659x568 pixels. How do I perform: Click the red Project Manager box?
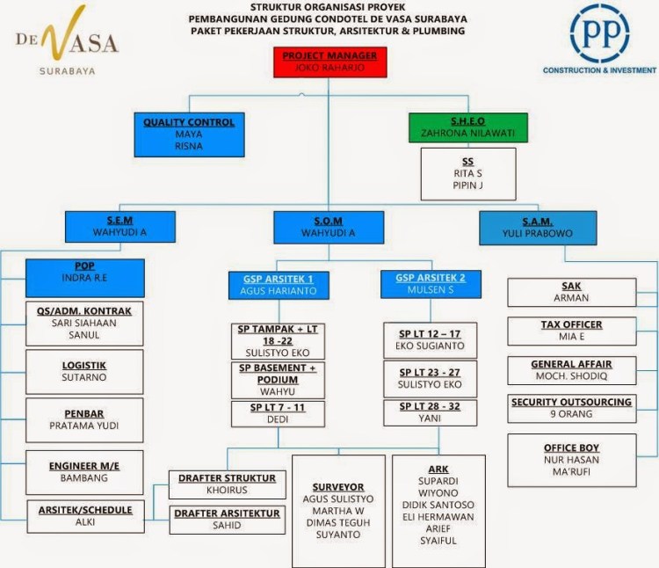click(x=329, y=62)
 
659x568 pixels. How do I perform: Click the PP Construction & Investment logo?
click(x=598, y=40)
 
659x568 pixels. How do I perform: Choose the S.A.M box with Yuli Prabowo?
click(x=538, y=227)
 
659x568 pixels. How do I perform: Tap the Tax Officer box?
click(x=572, y=331)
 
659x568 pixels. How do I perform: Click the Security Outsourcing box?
click(x=572, y=408)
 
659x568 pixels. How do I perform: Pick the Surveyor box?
click(x=338, y=510)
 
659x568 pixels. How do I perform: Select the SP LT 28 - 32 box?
click(x=430, y=412)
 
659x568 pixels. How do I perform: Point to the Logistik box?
click(x=85, y=371)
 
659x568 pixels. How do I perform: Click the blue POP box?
click(x=85, y=278)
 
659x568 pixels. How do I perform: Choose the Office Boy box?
click(x=572, y=459)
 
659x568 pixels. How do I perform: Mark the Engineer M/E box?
click(x=85, y=471)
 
